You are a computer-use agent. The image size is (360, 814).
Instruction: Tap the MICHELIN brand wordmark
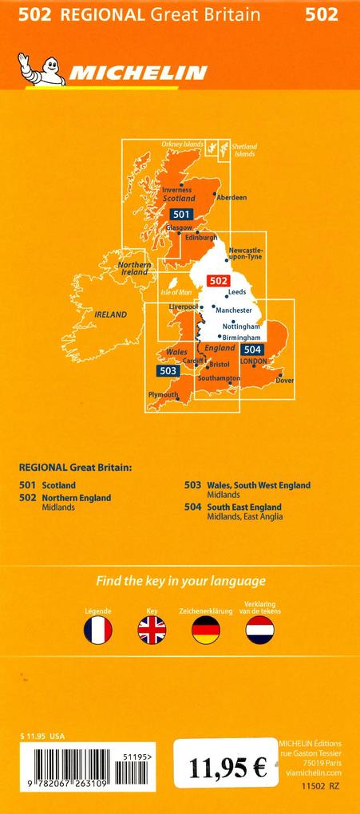[137, 74]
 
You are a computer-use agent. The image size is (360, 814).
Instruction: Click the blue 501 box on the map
[180, 214]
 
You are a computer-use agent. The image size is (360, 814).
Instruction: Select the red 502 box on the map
[218, 280]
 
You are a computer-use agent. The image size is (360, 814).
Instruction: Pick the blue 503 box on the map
[168, 370]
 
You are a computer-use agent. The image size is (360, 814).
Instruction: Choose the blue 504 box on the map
[252, 350]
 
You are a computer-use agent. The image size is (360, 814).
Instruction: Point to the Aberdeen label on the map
[231, 197]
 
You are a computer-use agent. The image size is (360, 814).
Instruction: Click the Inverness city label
[176, 190]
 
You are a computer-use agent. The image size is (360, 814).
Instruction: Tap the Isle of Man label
[177, 293]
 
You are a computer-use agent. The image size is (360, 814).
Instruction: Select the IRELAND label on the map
[111, 314]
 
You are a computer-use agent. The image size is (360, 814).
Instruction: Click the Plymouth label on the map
[164, 394]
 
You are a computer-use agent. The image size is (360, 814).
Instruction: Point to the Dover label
[285, 380]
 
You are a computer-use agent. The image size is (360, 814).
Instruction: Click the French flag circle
[98, 630]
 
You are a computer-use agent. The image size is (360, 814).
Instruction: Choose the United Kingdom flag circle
[152, 630]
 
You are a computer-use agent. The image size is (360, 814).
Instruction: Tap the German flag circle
[205, 630]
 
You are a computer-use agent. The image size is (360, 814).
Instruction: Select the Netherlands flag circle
[259, 630]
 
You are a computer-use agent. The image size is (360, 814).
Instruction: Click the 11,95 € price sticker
[227, 769]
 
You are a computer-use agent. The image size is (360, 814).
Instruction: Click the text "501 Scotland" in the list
[47, 484]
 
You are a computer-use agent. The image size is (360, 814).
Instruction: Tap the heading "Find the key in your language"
[180, 581]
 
